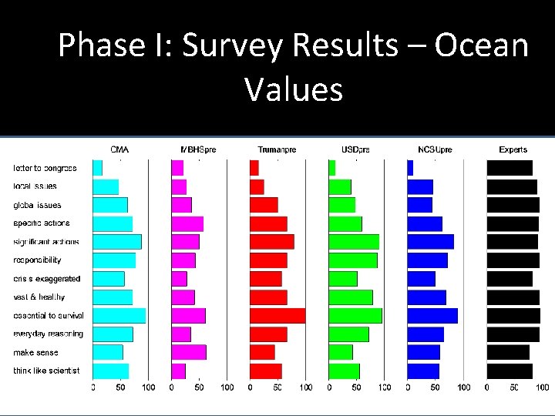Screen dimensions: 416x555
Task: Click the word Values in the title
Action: click(294, 89)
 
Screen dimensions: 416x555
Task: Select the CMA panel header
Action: click(119, 149)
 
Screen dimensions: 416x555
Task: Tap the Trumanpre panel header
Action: click(276, 149)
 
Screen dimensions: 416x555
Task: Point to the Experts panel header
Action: click(513, 149)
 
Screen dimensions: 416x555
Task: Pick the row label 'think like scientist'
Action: click(46, 371)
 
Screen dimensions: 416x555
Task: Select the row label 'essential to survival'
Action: click(49, 315)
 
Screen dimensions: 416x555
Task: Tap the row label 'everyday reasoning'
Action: click(48, 334)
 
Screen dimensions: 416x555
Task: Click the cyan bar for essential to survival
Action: click(119, 315)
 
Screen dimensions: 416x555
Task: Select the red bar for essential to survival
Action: click(277, 315)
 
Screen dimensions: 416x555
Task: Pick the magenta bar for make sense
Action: click(189, 352)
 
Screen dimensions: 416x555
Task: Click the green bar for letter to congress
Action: click(332, 167)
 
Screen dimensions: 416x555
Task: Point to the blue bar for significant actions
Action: click(430, 241)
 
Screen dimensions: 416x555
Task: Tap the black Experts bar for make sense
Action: click(507, 352)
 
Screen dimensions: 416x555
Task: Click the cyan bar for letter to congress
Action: click(98, 167)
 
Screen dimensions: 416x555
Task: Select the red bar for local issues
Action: click(257, 186)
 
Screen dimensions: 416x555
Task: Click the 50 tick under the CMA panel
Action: click(120, 387)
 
